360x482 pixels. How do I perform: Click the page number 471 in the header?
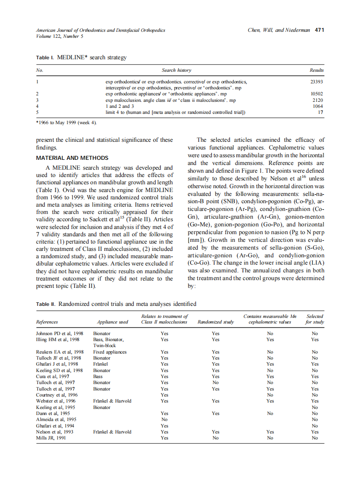pyautogui.click(x=319, y=30)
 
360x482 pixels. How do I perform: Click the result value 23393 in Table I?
pyautogui.click(x=316, y=81)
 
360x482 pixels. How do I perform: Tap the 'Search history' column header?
pyautogui.click(x=177, y=70)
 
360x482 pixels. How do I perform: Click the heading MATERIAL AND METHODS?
pyautogui.click(x=72, y=158)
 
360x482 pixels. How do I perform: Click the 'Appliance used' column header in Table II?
pyautogui.click(x=113, y=322)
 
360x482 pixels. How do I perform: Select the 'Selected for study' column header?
pyautogui.click(x=315, y=319)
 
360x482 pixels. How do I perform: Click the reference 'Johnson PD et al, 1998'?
pyautogui.click(x=60, y=333)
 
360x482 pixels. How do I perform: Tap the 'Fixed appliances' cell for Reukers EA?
pyautogui.click(x=110, y=352)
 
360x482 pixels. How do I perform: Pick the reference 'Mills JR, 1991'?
pyautogui.click(x=51, y=438)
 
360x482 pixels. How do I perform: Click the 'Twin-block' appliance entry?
pyautogui.click(x=105, y=345)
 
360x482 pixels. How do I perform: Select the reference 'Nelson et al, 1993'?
pyautogui.click(x=55, y=432)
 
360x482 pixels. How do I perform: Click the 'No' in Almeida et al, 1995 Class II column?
pyautogui.click(x=164, y=419)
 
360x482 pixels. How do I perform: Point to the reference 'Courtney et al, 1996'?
pyautogui.click(x=57, y=395)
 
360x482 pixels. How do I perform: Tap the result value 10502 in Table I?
pyautogui.click(x=317, y=94)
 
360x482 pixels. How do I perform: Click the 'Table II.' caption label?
pyautogui.click(x=46, y=304)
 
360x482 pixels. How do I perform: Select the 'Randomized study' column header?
pyautogui.click(x=215, y=322)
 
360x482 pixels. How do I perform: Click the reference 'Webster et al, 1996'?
pyautogui.click(x=56, y=401)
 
